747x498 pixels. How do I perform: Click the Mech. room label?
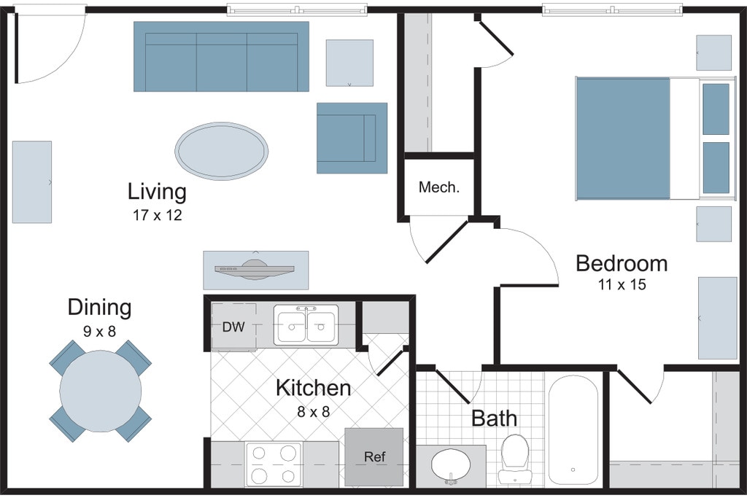click(438, 187)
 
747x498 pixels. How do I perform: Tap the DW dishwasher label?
click(233, 327)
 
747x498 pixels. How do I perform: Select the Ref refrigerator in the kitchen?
click(374, 456)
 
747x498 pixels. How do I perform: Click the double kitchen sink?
click(306, 325)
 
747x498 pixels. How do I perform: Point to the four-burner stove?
click(274, 463)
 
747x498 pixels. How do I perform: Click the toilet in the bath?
click(514, 457)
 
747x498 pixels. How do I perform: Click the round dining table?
click(101, 390)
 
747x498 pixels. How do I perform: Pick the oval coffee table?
click(221, 151)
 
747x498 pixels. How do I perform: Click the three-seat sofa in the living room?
click(221, 56)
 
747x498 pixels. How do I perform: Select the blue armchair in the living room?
click(352, 138)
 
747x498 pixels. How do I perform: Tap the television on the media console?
click(255, 269)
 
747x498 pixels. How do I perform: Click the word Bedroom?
click(622, 263)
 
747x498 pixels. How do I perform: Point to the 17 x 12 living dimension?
click(158, 215)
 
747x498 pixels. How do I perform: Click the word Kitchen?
click(314, 388)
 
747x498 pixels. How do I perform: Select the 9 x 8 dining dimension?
click(99, 331)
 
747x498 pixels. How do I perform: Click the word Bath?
click(494, 419)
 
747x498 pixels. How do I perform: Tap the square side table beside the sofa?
click(349, 63)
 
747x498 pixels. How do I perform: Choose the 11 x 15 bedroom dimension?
click(622, 284)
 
